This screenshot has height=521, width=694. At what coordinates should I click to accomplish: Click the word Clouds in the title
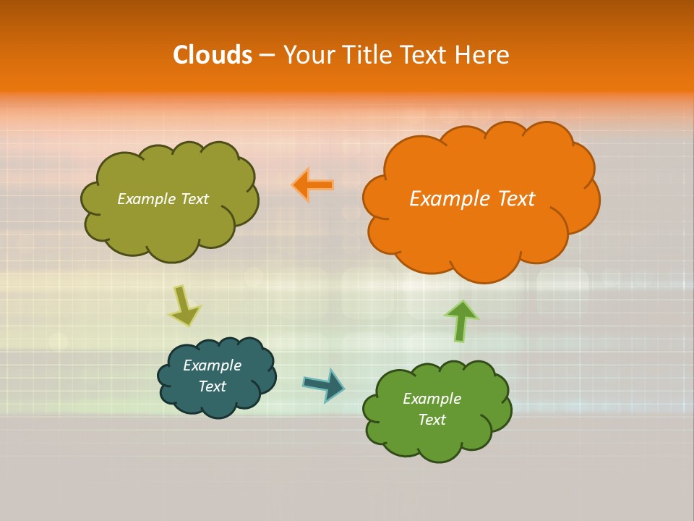(x=213, y=55)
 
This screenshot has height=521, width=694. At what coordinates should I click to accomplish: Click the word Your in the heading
(x=308, y=55)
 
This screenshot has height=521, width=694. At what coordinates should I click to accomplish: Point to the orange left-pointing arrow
(x=312, y=185)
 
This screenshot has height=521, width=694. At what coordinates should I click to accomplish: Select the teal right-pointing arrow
(x=324, y=384)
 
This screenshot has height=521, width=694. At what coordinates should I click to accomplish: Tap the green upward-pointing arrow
(x=460, y=321)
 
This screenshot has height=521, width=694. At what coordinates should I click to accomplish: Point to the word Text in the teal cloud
(x=213, y=387)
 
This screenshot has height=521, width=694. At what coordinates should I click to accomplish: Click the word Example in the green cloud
(x=432, y=399)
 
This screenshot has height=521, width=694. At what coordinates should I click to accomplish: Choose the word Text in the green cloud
(x=432, y=420)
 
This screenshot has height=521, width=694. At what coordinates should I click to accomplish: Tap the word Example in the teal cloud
(x=213, y=365)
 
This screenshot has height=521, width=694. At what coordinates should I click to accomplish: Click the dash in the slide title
(x=267, y=55)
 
